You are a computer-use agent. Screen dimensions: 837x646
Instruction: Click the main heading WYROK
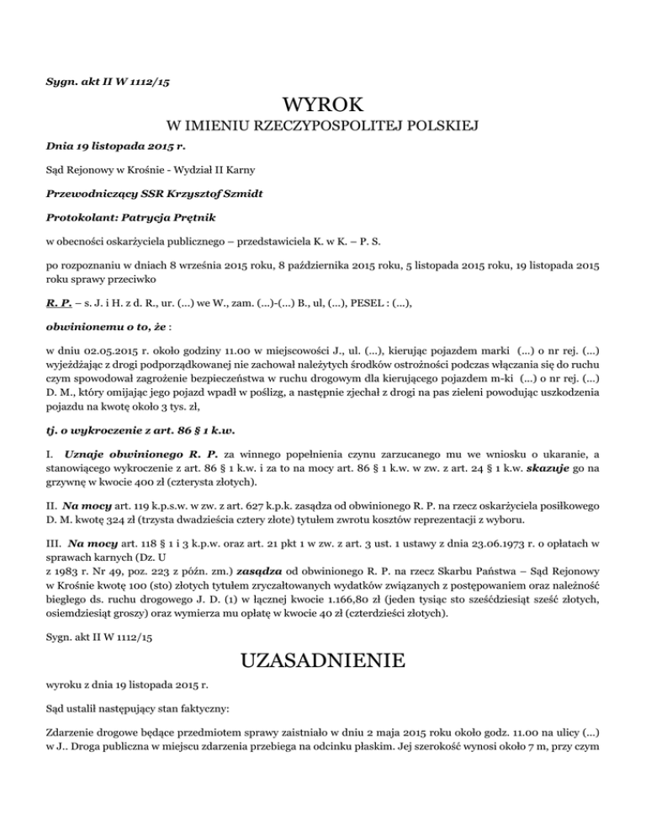(x=323, y=106)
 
